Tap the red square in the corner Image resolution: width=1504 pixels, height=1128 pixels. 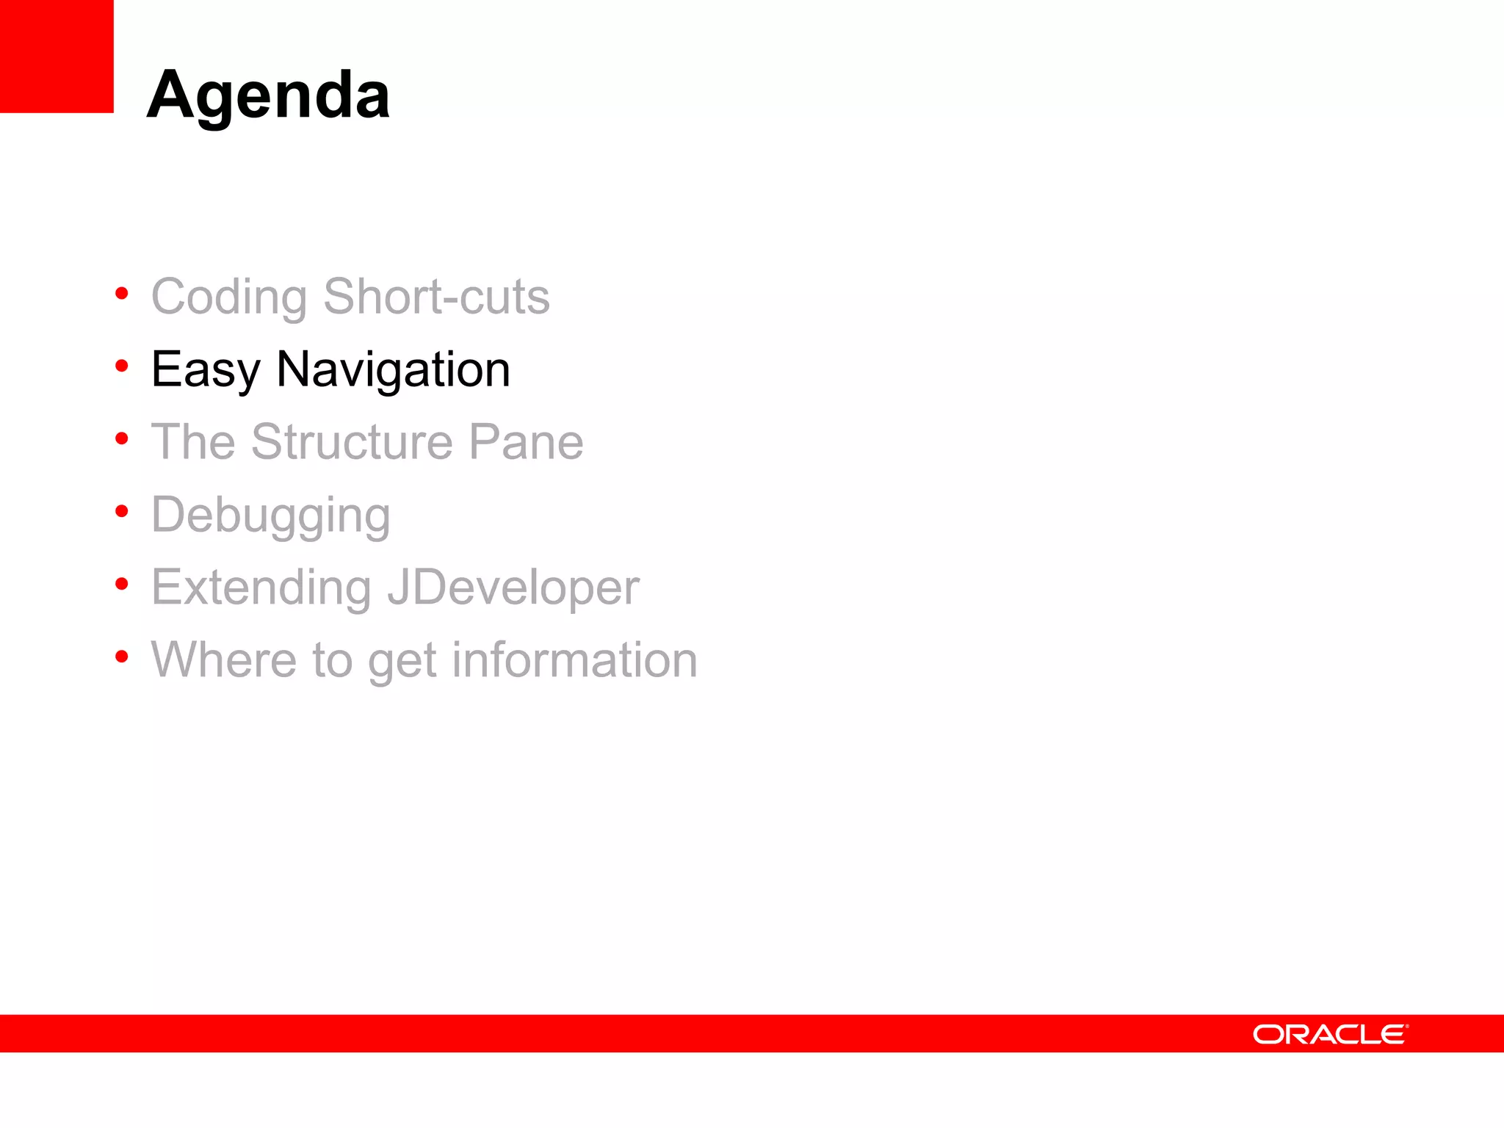point(57,56)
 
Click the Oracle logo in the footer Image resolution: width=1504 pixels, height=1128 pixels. point(1330,1034)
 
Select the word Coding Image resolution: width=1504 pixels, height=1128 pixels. point(229,297)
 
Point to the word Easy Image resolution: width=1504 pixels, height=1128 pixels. point(206,369)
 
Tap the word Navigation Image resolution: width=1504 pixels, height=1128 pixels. point(393,369)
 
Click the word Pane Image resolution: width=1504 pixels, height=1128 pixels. point(526,441)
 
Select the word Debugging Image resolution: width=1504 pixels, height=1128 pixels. point(270,516)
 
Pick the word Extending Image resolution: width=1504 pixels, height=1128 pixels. point(261,587)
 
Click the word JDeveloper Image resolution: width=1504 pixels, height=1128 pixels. point(513,587)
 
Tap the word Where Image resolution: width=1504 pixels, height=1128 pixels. point(223,659)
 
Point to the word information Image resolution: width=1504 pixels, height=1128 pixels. point(574,659)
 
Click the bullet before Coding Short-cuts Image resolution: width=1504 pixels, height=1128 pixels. point(122,294)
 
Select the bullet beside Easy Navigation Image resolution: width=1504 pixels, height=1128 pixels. point(122,366)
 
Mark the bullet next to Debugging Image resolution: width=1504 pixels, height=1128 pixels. point(122,510)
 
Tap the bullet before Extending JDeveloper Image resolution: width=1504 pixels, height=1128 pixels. point(122,583)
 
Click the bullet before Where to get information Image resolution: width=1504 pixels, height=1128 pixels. point(122,656)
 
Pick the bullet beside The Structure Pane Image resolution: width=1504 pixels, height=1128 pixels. point(122,438)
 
